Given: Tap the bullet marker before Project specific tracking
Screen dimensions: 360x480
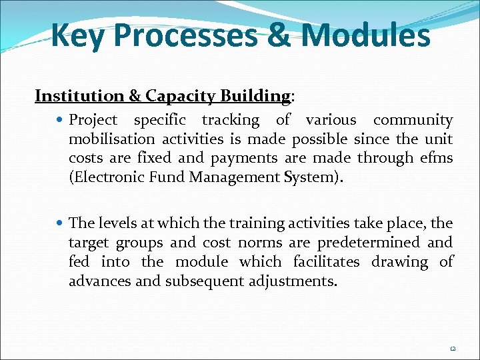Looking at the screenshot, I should pyautogui.click(x=61, y=121).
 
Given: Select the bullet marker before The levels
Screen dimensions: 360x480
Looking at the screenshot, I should pyautogui.click(x=61, y=223).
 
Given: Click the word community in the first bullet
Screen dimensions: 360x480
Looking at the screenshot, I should pyautogui.click(x=413, y=121).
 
